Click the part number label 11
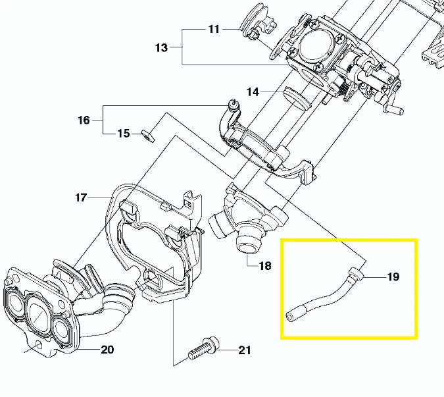[214, 29]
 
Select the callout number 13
[162, 47]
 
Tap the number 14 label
[253, 92]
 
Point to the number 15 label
[124, 134]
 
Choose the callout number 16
[84, 120]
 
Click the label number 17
[81, 198]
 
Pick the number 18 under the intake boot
[265, 266]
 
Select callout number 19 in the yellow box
[393, 277]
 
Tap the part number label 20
[107, 350]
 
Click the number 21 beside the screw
[244, 350]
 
